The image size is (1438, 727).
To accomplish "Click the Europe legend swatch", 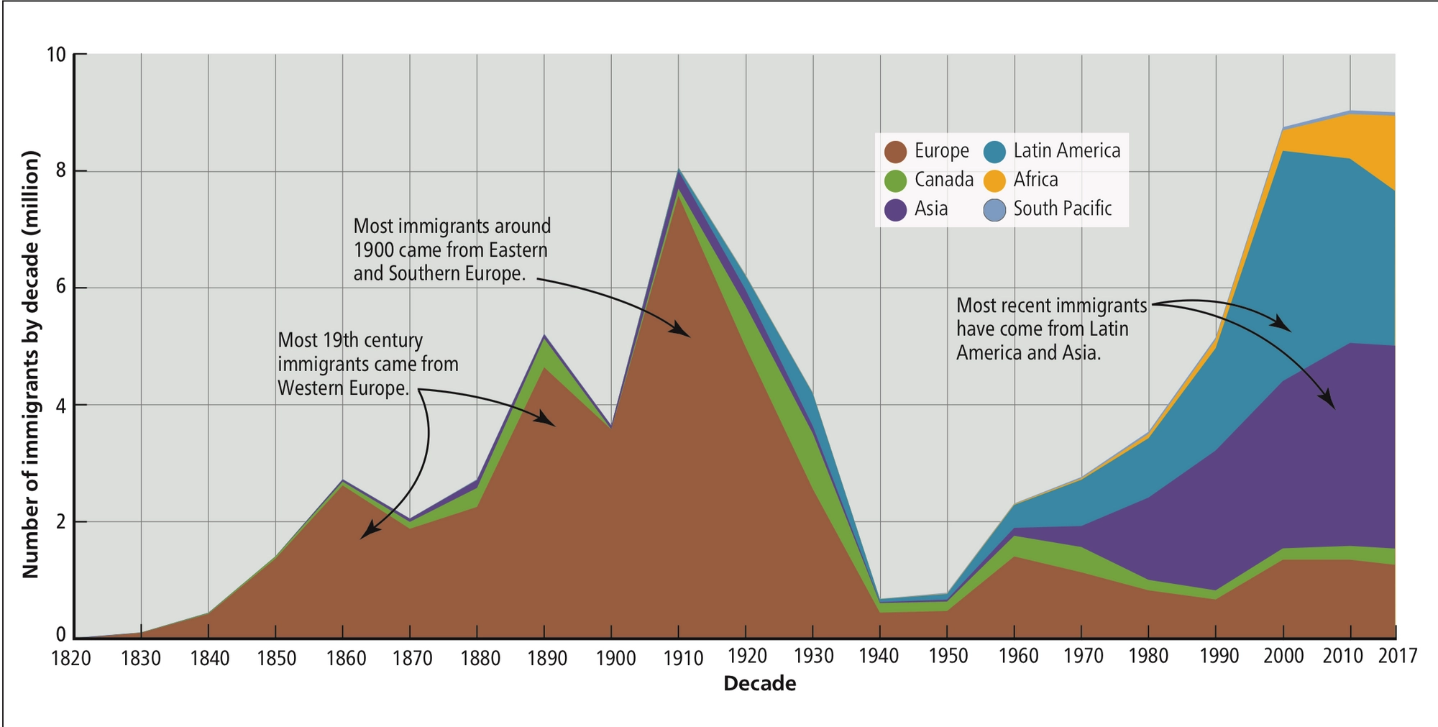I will (895, 152).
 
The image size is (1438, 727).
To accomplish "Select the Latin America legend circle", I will (994, 152).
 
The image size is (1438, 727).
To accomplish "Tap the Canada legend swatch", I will (895, 180).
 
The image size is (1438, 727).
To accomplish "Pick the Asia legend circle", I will (895, 210).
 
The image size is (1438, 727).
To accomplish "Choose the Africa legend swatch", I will (994, 180).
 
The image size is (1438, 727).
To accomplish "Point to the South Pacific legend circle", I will (994, 210).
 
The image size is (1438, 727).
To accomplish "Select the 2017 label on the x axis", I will (1397, 656).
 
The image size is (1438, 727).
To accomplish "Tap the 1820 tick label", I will (71, 658).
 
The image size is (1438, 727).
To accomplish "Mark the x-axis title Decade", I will (759, 684).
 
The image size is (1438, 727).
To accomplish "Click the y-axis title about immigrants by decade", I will (30, 365).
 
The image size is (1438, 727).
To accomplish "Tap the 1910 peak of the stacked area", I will (678, 170).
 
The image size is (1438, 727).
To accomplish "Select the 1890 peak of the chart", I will (544, 336).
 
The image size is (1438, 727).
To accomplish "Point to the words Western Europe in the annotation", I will (342, 388).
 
